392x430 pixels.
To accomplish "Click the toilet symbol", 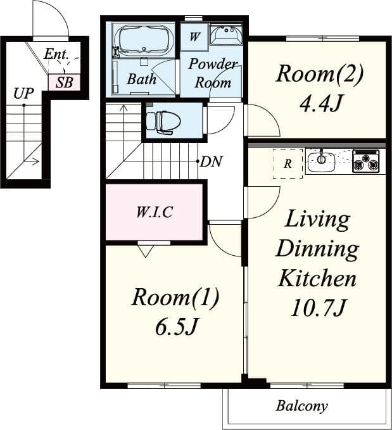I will click(x=163, y=120).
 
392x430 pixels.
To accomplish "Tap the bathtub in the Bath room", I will click(x=145, y=41).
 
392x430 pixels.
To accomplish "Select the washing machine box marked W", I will click(x=194, y=37).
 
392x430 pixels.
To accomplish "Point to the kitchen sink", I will click(x=322, y=160).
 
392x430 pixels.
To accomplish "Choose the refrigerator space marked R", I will click(x=288, y=163).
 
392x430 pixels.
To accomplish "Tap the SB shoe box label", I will click(x=64, y=82).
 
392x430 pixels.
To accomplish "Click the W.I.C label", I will click(x=154, y=212).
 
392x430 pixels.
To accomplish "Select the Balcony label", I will click(x=302, y=406).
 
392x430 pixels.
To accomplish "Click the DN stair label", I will click(x=212, y=161).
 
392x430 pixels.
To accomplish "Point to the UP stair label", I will click(x=23, y=94).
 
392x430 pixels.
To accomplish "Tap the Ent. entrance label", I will click(x=56, y=54).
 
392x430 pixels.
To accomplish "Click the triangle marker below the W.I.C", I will click(x=146, y=251).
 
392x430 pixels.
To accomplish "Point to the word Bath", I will click(x=141, y=79).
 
